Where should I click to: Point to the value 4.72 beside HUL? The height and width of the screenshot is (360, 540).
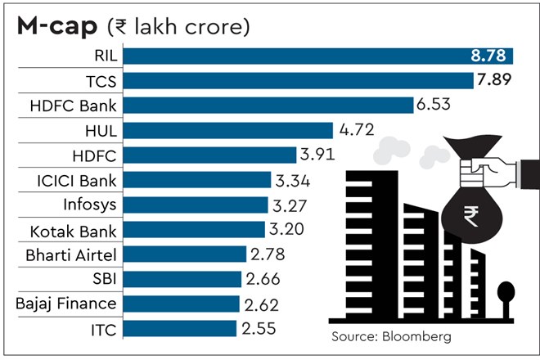click(357, 130)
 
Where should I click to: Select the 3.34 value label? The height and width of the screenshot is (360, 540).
click(296, 180)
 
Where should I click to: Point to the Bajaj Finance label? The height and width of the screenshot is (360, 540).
click(66, 304)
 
